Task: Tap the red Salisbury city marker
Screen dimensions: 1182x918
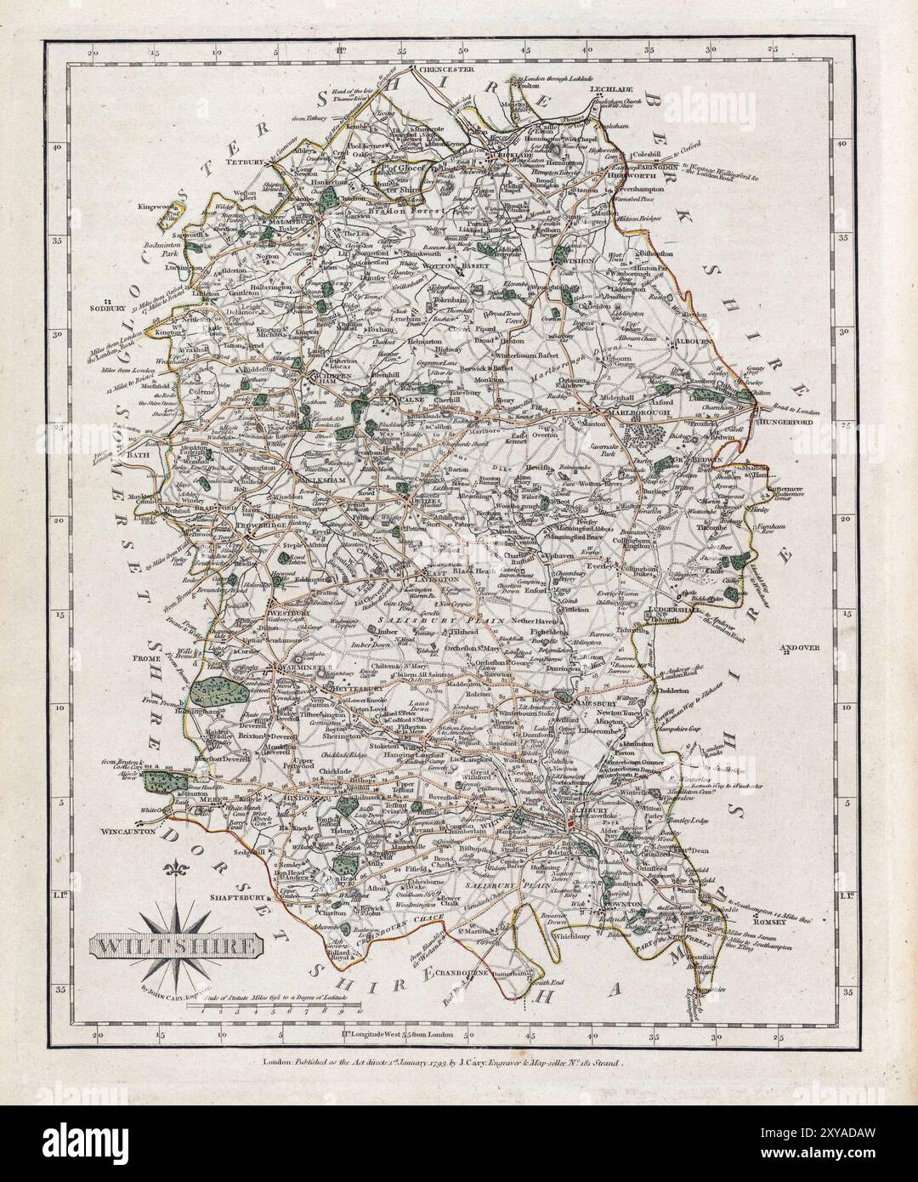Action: click(570, 823)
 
